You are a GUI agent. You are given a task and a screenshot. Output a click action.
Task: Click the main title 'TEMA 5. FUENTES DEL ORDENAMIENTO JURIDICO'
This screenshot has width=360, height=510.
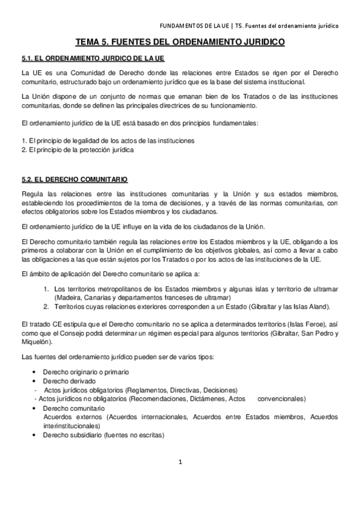[180, 43]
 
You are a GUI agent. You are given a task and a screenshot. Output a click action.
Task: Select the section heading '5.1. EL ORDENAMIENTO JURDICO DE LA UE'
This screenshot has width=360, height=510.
[93, 59]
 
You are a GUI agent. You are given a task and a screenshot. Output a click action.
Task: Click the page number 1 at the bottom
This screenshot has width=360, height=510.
[180, 462]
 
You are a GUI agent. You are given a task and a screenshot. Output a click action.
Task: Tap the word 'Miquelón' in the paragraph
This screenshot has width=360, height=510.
[35, 342]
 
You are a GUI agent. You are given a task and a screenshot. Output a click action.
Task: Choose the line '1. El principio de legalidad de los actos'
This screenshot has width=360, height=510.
[108, 141]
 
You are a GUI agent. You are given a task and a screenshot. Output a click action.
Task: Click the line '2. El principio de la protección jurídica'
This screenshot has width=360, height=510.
[77, 150]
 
